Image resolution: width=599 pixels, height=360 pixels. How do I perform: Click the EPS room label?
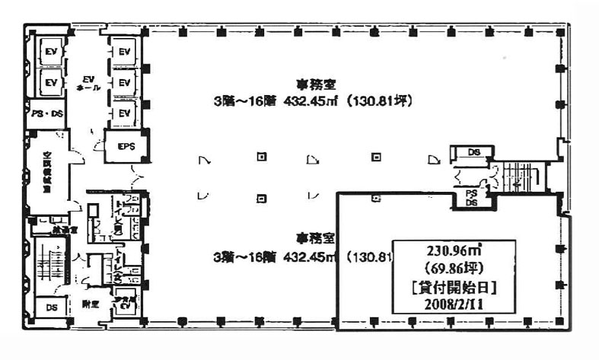(x=126, y=147)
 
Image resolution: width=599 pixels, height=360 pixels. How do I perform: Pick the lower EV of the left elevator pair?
(x=51, y=82)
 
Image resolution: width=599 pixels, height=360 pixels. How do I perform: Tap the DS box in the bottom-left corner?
(x=51, y=307)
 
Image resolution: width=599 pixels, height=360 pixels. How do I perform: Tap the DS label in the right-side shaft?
(x=473, y=152)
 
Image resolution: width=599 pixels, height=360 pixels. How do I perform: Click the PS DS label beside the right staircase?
(x=472, y=199)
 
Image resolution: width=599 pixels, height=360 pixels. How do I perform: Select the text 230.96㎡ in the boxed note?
(x=453, y=250)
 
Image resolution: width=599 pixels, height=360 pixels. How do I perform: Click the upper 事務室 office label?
(x=312, y=84)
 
